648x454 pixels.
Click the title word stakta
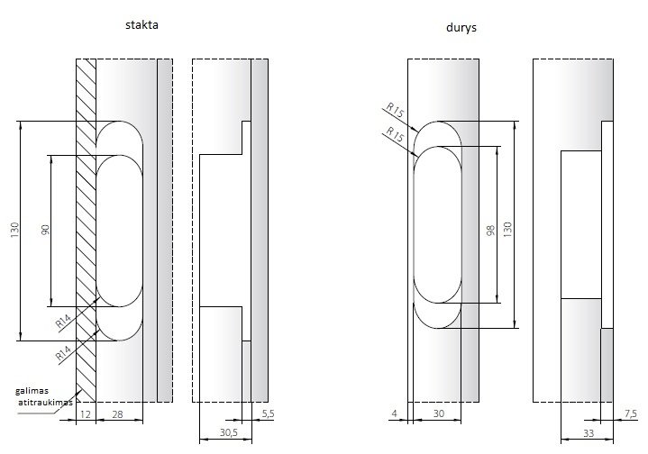(x=141, y=25)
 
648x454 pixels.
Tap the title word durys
(x=461, y=28)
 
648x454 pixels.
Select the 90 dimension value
(x=45, y=230)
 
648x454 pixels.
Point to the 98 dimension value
(x=490, y=230)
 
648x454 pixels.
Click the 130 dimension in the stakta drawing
(x=15, y=230)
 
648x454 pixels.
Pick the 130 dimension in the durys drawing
(x=507, y=230)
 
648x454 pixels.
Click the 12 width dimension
(x=85, y=414)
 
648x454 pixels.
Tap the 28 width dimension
(x=117, y=414)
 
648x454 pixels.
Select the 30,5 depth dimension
(x=229, y=432)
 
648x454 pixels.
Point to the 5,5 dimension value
(x=269, y=413)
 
